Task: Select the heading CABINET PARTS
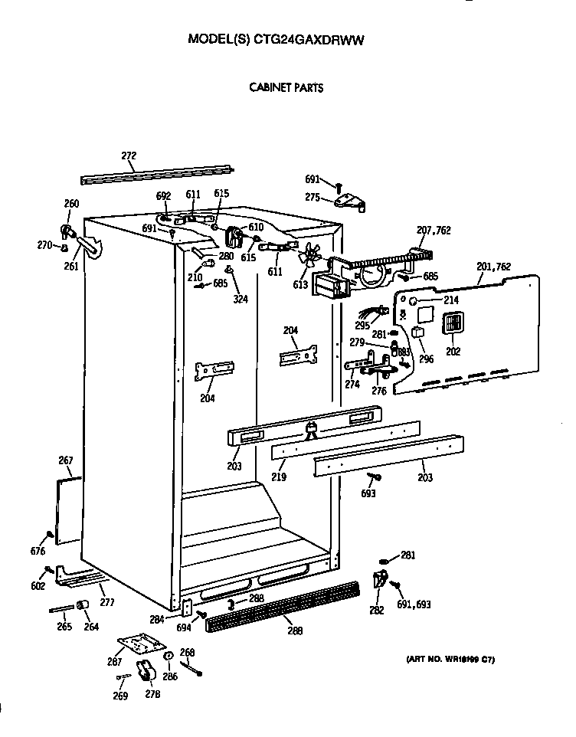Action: pyautogui.click(x=286, y=87)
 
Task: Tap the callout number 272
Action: pyautogui.click(x=129, y=156)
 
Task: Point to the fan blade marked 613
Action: pyautogui.click(x=309, y=260)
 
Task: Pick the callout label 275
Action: pyautogui.click(x=313, y=197)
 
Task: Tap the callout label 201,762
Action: pyautogui.click(x=494, y=267)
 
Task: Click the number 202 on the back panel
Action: pyautogui.click(x=453, y=352)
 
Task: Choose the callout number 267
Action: pyautogui.click(x=66, y=460)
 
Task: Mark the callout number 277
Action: pyautogui.click(x=106, y=602)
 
